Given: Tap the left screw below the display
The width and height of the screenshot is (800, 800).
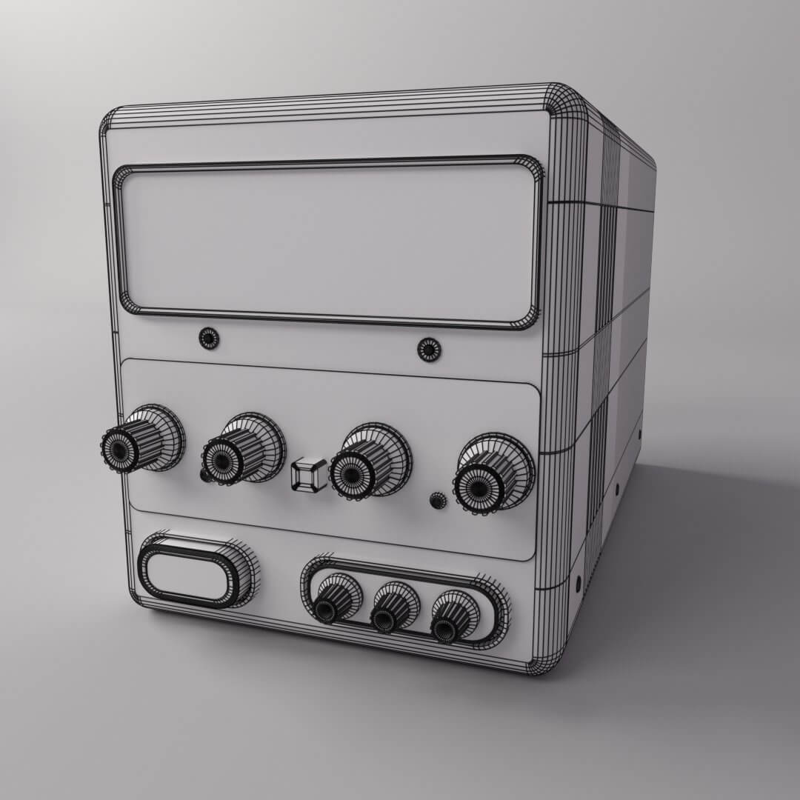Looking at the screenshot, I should click(210, 339).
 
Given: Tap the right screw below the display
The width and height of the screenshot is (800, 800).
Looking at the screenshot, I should click(429, 349).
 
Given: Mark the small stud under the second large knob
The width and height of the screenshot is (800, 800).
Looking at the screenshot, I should click(205, 474).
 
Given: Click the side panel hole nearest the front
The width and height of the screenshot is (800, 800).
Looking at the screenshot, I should click(578, 582).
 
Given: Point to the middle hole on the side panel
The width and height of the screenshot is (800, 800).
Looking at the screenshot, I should click(618, 490).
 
